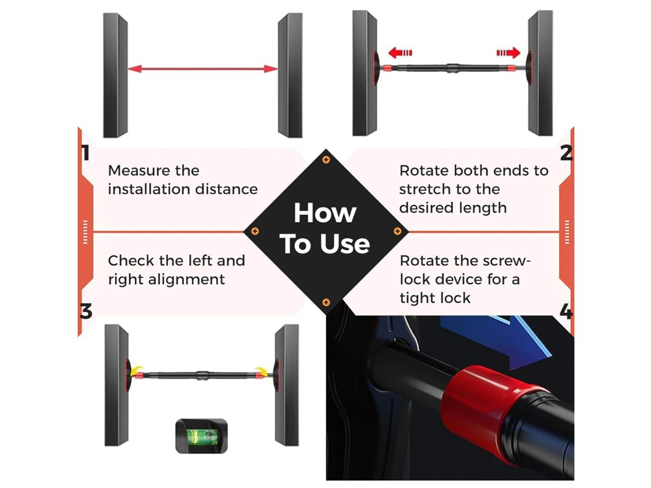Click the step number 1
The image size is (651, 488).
coord(85,153)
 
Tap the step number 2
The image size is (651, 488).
coord(566,153)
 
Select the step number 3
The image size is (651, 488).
coord(86,311)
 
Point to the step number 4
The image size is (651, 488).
coord(566,311)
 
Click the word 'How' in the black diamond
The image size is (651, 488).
coord(325,213)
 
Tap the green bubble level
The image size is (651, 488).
coord(202,436)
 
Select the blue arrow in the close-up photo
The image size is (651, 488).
coord(498,337)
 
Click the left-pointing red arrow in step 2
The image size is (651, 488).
coord(400,53)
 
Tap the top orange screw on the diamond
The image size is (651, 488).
coord(326,160)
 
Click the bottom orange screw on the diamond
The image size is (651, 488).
coord(326,302)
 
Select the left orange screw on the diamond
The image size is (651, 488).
coord(255,231)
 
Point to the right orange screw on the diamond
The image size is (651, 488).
coord(397,231)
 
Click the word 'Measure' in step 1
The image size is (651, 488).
coord(139,171)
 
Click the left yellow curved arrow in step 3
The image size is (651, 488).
coord(137,371)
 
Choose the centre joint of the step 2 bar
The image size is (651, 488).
coord(453,68)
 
